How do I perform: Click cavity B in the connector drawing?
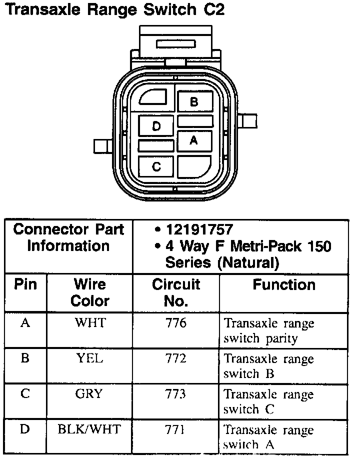(194, 102)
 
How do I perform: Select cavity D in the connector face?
(156, 126)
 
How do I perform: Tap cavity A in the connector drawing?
(194, 140)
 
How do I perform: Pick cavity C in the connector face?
(156, 166)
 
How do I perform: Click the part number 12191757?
(199, 229)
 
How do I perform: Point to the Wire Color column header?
(90, 292)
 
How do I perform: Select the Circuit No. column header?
(176, 292)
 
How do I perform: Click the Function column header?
(283, 285)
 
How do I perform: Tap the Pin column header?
(25, 285)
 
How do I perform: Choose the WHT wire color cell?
(90, 323)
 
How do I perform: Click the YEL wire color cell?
(90, 358)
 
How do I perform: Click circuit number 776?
(176, 323)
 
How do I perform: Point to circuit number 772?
(176, 358)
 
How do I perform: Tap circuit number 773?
(176, 393)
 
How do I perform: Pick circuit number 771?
(176, 429)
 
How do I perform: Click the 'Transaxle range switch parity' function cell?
(268, 330)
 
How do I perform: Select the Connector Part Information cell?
(68, 237)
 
